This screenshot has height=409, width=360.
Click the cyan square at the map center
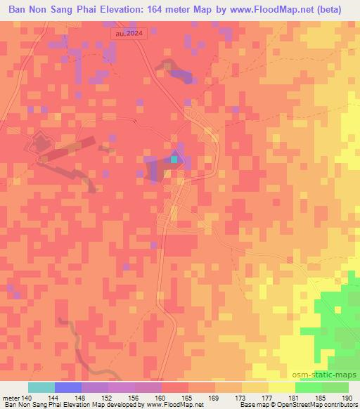[174, 160]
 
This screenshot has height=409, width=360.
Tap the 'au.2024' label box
[129, 33]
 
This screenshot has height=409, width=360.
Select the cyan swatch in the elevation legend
[41, 387]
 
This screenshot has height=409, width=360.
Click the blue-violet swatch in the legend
[68, 387]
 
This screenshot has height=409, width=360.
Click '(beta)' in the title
[339, 9]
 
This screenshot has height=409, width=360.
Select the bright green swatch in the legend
[309, 387]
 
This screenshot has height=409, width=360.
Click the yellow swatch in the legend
[282, 387]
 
